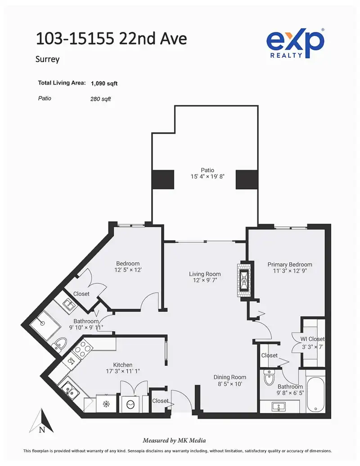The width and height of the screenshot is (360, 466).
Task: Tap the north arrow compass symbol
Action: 41,421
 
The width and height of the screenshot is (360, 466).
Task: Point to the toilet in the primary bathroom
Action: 269,378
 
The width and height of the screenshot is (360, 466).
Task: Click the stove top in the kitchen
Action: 81,349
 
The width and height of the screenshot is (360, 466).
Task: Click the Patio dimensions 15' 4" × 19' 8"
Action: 207,176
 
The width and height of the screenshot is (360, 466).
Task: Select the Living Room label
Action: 205,274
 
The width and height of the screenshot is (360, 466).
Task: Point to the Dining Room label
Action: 230,377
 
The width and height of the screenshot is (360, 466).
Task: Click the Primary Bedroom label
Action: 290,264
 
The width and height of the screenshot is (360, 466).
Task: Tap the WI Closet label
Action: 312,339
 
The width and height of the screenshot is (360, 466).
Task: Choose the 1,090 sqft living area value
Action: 104,84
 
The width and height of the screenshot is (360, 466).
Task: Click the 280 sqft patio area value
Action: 100,99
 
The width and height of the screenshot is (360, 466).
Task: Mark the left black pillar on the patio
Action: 163,179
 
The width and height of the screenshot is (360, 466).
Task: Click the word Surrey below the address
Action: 48,59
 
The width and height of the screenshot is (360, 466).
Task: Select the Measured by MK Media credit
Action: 174,440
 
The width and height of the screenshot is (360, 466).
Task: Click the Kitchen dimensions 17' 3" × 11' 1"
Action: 123,371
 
